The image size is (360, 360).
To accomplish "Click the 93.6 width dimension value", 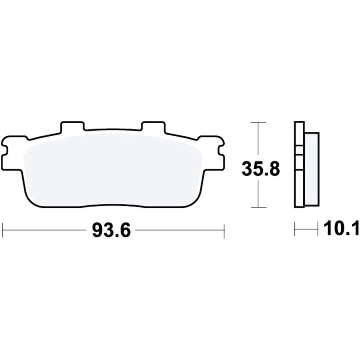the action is pos(111,230).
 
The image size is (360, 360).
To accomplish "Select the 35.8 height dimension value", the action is pos(261,169).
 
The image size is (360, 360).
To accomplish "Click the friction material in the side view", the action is pos(312,169).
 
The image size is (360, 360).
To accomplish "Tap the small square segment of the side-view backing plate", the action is pos(299,150).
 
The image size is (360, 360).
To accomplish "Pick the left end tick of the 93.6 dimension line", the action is pos(3,230).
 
